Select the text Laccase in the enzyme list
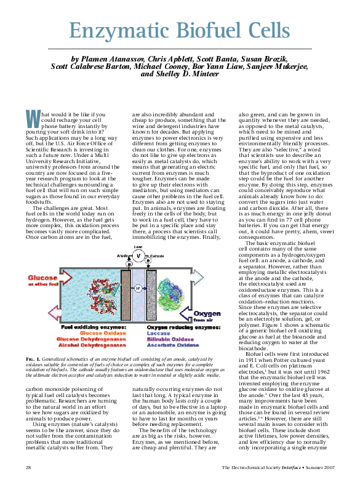(158, 333)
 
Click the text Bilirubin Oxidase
(170, 339)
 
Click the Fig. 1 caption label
(34, 357)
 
